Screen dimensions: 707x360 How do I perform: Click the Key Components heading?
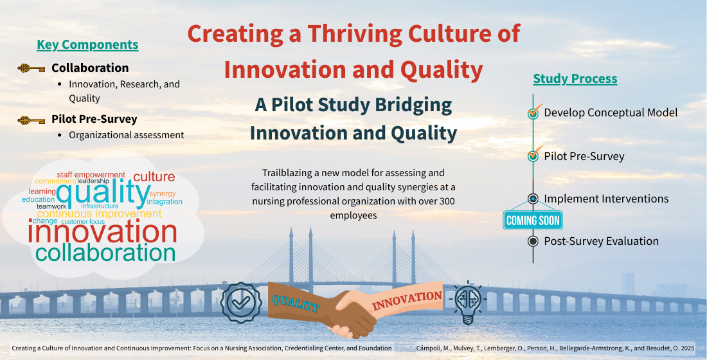point(87,44)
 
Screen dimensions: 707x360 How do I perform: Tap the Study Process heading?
point(575,78)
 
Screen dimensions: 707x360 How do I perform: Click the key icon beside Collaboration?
point(31,68)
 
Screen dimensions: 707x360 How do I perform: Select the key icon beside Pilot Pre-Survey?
point(31,120)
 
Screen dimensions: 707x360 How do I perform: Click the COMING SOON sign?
point(533,220)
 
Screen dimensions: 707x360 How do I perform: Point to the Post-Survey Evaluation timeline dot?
point(533,241)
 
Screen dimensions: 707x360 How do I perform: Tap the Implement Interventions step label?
point(606,199)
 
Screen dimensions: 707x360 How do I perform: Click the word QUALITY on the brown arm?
point(296,302)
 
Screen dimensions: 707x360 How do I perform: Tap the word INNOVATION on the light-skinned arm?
point(407,301)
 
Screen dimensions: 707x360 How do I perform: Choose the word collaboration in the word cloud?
point(105,253)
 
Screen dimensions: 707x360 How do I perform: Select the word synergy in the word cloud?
point(163,194)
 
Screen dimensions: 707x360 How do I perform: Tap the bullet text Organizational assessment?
point(126,135)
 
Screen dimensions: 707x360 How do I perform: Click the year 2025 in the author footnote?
point(685,348)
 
